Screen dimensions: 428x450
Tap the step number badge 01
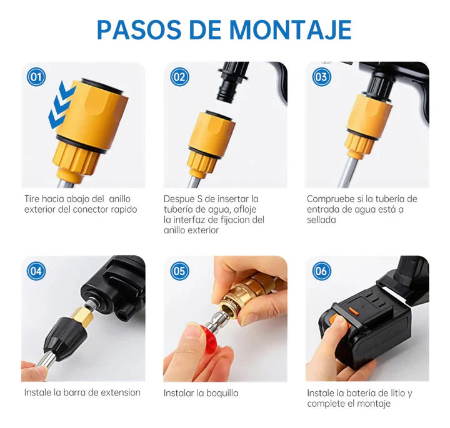[37, 77]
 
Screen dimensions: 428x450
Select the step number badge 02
[180, 77]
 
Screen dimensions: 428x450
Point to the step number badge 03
[322, 77]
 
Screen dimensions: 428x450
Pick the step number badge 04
[37, 271]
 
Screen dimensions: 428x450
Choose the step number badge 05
[180, 271]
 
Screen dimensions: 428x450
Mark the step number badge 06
[322, 271]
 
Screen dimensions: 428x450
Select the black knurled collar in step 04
[59, 337]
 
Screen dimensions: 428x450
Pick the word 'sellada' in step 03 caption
[321, 220]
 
